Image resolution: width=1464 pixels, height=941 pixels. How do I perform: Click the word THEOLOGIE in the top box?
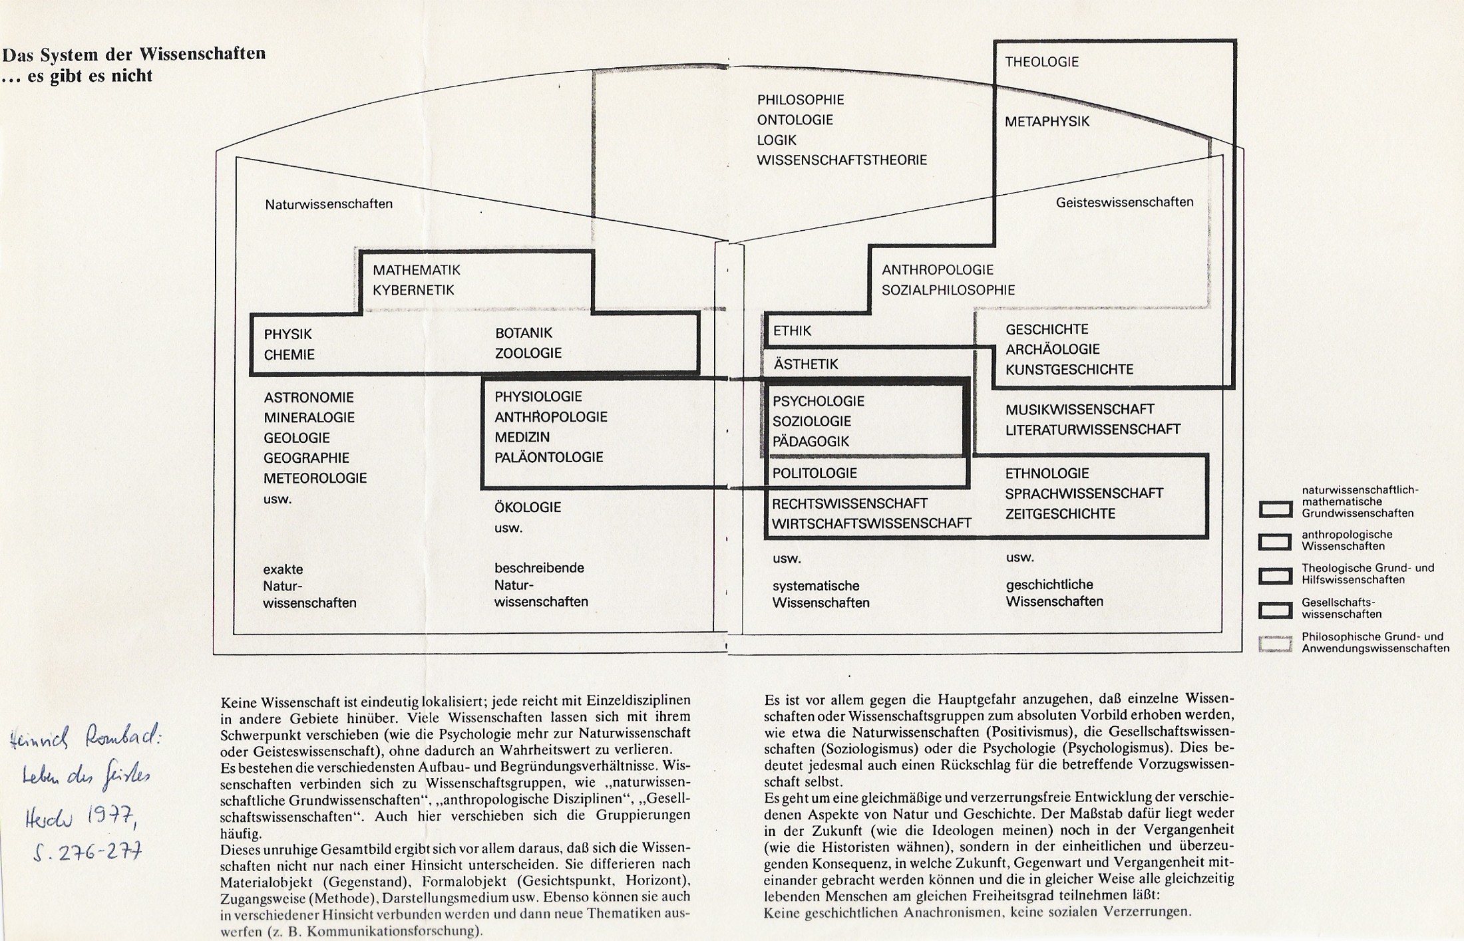click(1041, 62)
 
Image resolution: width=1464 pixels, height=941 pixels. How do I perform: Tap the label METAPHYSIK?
click(1047, 122)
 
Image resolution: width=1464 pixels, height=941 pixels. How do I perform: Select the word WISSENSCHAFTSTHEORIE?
click(841, 160)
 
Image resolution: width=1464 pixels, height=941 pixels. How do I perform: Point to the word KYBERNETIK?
click(413, 290)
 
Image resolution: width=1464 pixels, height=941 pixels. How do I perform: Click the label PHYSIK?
click(287, 334)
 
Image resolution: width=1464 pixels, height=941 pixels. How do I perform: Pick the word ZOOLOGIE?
click(528, 353)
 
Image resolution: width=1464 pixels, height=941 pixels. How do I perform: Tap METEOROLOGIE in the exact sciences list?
click(315, 478)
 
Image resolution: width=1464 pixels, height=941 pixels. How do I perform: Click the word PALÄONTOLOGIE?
click(548, 458)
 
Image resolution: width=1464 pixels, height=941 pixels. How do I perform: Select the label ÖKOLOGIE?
click(527, 507)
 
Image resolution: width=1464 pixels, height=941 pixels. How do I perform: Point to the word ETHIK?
click(792, 331)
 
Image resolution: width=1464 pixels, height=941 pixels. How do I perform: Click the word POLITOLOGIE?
click(815, 473)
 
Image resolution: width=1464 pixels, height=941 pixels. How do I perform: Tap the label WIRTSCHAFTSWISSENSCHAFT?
click(871, 523)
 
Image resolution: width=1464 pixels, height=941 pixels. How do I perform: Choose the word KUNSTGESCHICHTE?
click(1069, 370)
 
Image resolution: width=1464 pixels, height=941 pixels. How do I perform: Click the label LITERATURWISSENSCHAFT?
click(1093, 430)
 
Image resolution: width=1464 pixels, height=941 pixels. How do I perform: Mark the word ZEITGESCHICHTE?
click(1061, 513)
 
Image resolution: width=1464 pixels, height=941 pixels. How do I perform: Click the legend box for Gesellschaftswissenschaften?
click(1275, 609)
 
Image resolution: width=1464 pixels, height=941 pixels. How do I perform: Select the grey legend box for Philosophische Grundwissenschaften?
click(1275, 643)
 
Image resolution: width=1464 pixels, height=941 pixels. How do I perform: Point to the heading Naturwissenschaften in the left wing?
click(329, 204)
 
